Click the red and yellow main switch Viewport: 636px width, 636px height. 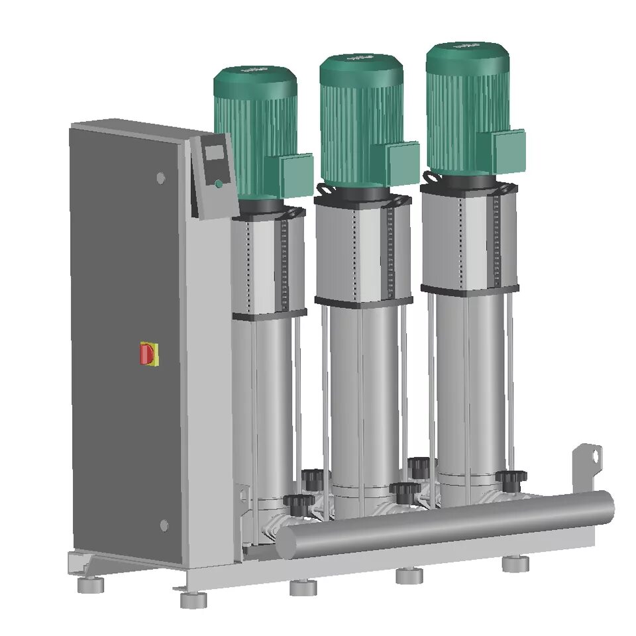tap(148, 354)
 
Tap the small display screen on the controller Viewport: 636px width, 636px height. tap(214, 153)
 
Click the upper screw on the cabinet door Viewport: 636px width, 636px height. tap(160, 178)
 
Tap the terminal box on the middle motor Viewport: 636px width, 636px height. tap(402, 163)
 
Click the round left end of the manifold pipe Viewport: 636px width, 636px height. tap(286, 543)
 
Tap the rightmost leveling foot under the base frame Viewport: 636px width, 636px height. tap(515, 564)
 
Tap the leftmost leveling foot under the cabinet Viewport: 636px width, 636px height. tap(91, 585)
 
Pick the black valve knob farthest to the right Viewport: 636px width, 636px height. tap(510, 478)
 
